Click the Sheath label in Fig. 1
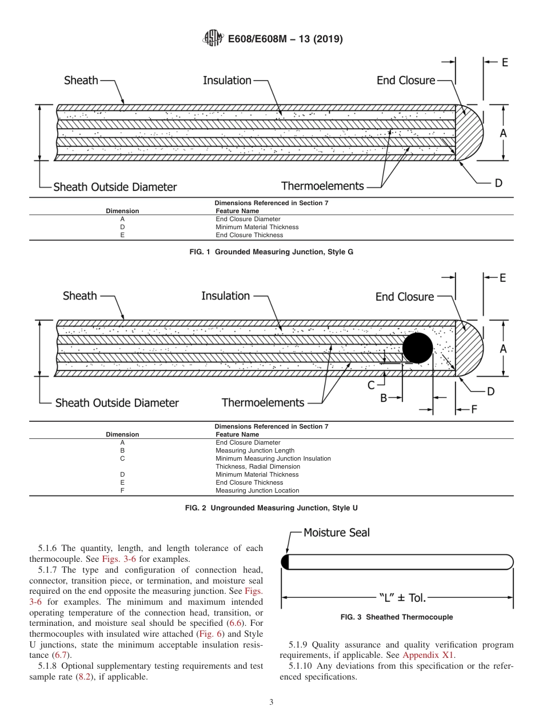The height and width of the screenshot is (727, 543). [81, 81]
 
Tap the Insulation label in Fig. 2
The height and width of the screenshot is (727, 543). [225, 296]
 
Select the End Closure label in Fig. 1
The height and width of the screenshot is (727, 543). [405, 81]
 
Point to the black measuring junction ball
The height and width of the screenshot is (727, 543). [417, 347]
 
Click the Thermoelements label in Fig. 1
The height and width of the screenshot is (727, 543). [322, 186]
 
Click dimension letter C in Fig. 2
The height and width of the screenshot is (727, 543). [371, 385]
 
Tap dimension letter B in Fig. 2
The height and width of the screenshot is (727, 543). [384, 397]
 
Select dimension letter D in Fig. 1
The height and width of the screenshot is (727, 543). [498, 183]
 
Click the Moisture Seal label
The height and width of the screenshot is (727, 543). [336, 533]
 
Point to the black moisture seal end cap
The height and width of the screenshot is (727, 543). [285, 562]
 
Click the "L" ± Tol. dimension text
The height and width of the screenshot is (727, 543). [402, 598]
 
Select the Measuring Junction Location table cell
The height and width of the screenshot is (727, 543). [257, 490]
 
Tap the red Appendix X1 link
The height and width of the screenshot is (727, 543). [429, 656]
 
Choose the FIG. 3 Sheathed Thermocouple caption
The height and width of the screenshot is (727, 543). [397, 617]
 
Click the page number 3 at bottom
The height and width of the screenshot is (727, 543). [271, 702]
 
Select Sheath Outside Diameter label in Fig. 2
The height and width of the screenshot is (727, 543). [117, 403]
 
